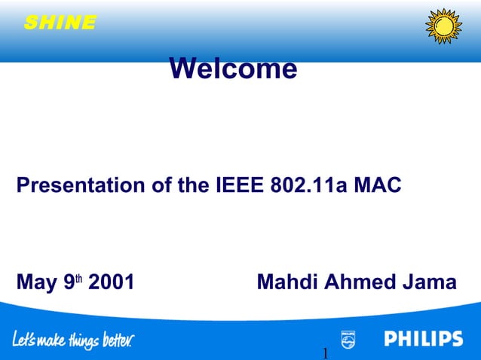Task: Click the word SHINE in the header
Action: (60, 23)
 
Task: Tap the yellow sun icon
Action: (443, 26)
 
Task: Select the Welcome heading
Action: (233, 69)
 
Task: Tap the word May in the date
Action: (37, 282)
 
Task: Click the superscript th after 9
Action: (78, 278)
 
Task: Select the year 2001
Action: (112, 282)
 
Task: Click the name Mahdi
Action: (287, 282)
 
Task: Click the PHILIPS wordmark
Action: (424, 339)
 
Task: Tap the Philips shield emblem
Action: (348, 339)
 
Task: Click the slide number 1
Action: (325, 353)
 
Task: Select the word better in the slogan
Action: (117, 340)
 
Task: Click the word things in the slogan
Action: (82, 341)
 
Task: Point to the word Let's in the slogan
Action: (24, 340)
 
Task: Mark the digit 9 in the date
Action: (69, 283)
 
